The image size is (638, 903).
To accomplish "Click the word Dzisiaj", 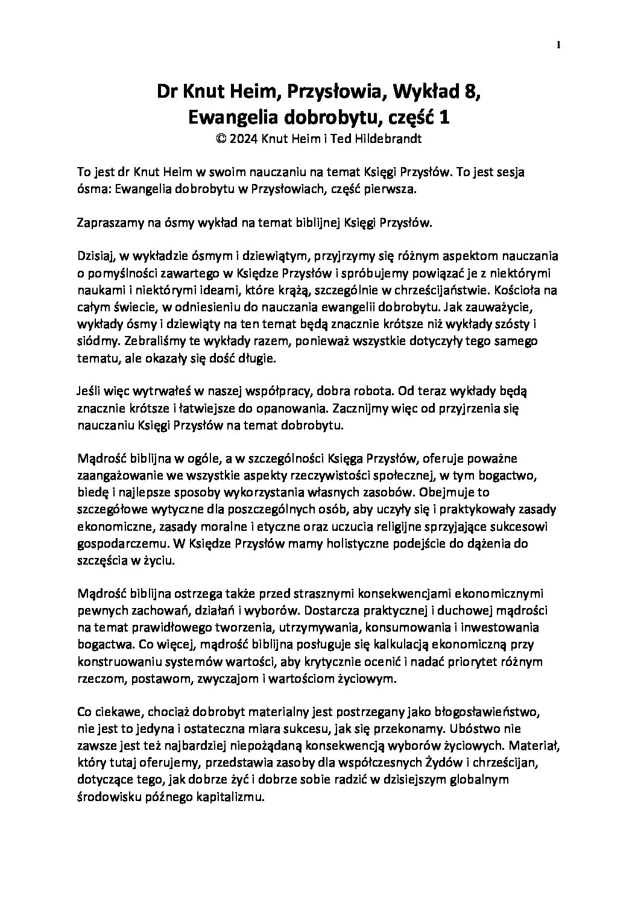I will pyautogui.click(x=96, y=256).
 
